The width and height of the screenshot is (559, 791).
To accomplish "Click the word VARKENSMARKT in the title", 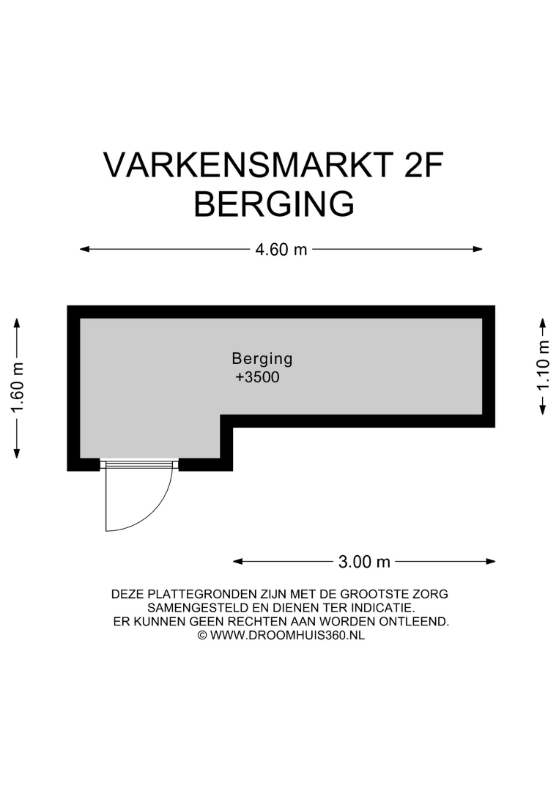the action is (248, 165).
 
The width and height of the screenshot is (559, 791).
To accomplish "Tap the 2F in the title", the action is (423, 165).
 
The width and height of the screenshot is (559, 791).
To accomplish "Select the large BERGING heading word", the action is (274, 204).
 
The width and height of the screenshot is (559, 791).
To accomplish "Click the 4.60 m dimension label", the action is (281, 249).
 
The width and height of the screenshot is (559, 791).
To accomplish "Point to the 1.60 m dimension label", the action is (18, 388).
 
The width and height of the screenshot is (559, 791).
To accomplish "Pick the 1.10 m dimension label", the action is (543, 365).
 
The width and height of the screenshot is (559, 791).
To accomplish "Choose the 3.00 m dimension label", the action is (364, 562).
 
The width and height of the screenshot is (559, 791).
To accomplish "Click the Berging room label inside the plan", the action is (262, 359).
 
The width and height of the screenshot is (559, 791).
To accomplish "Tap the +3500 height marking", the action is (257, 377).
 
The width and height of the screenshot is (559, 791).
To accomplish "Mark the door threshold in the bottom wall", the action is (139, 464).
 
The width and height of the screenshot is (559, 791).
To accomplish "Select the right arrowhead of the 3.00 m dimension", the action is (490, 562).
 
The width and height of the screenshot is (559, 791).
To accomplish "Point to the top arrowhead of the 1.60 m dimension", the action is (17, 324).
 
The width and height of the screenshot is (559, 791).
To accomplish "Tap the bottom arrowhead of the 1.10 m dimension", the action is (543, 409).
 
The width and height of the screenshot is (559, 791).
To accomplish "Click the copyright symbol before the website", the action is (201, 636).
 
